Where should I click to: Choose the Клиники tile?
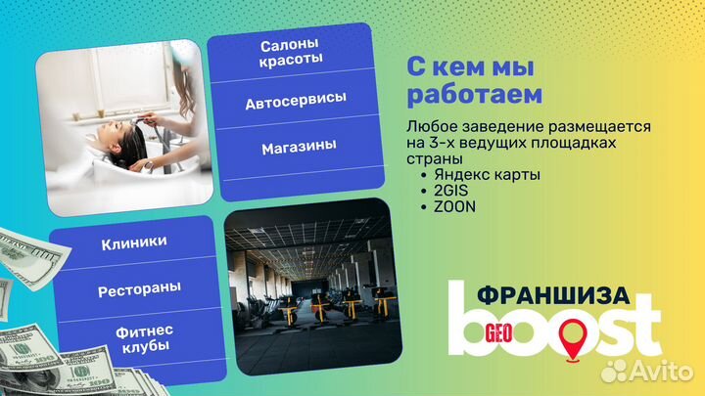click(133, 242)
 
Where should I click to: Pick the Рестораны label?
click(133, 290)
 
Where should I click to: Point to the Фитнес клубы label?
click(134, 337)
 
